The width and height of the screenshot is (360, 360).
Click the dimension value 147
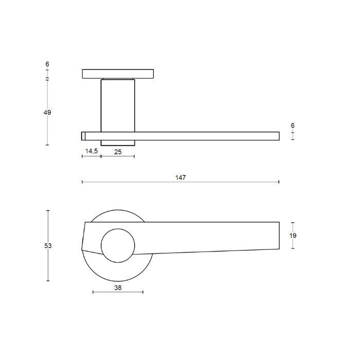click(x=180, y=177)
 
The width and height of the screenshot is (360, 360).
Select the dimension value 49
click(x=47, y=112)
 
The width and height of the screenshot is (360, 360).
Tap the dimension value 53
click(x=48, y=246)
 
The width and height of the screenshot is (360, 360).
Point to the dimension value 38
click(x=118, y=288)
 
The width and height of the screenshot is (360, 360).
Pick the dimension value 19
click(x=293, y=236)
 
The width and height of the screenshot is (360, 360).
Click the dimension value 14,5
click(x=91, y=151)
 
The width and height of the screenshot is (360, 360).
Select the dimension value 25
click(x=118, y=151)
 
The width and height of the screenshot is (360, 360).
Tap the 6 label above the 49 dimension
click(x=47, y=64)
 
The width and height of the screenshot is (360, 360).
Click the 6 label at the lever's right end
click(x=293, y=125)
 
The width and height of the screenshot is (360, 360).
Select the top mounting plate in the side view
click(x=118, y=74)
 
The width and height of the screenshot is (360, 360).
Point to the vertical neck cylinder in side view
click(x=118, y=105)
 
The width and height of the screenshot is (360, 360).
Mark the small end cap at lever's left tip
click(x=83, y=136)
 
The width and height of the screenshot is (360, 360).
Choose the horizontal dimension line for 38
click(x=118, y=293)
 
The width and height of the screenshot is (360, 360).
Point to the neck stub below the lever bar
click(x=118, y=142)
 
